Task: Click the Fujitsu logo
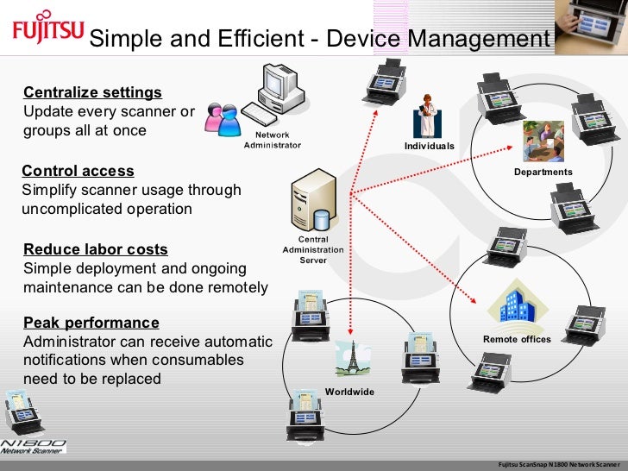tap(47, 31)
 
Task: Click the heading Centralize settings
tap(92, 92)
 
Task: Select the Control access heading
tap(78, 171)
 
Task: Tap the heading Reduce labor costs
tap(96, 249)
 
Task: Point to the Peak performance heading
tap(91, 323)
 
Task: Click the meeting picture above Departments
tap(543, 141)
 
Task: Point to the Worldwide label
tap(349, 392)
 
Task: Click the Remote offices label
tap(517, 339)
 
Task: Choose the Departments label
tap(543, 172)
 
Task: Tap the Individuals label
tap(429, 147)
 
